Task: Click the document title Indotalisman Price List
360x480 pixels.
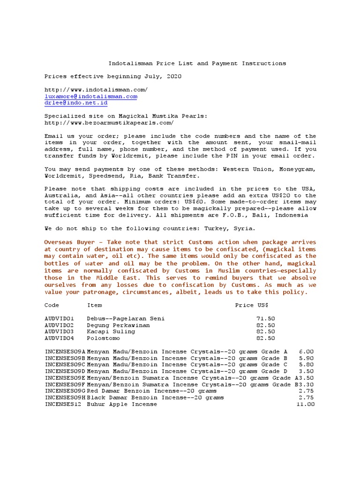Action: (x=197, y=63)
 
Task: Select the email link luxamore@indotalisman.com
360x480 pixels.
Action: (x=90, y=96)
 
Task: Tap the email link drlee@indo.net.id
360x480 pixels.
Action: (x=75, y=103)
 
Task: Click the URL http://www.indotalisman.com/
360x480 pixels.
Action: (x=96, y=89)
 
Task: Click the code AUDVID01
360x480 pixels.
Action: (x=59, y=318)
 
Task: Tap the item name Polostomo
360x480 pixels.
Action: (x=103, y=338)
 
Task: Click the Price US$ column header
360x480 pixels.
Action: (x=251, y=305)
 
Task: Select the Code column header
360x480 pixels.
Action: (x=52, y=305)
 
